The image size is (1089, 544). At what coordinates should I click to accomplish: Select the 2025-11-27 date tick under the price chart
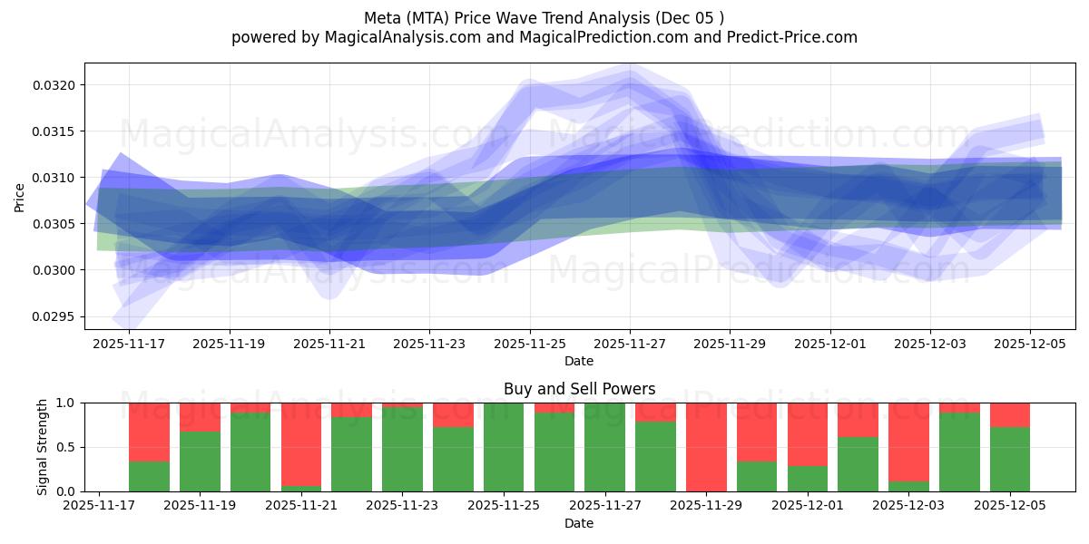(x=630, y=345)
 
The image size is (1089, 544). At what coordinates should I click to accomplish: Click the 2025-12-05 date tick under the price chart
(x=1029, y=345)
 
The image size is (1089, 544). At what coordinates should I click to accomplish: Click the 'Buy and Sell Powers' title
(x=579, y=389)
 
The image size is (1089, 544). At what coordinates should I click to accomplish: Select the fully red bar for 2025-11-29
(x=706, y=447)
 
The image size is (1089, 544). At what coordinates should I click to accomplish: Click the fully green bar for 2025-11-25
(x=504, y=447)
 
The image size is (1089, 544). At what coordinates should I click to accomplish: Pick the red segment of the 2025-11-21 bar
(x=301, y=444)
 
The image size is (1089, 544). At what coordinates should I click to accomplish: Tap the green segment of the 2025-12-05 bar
(x=1009, y=460)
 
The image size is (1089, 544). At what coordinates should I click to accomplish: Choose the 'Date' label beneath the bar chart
(x=579, y=523)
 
